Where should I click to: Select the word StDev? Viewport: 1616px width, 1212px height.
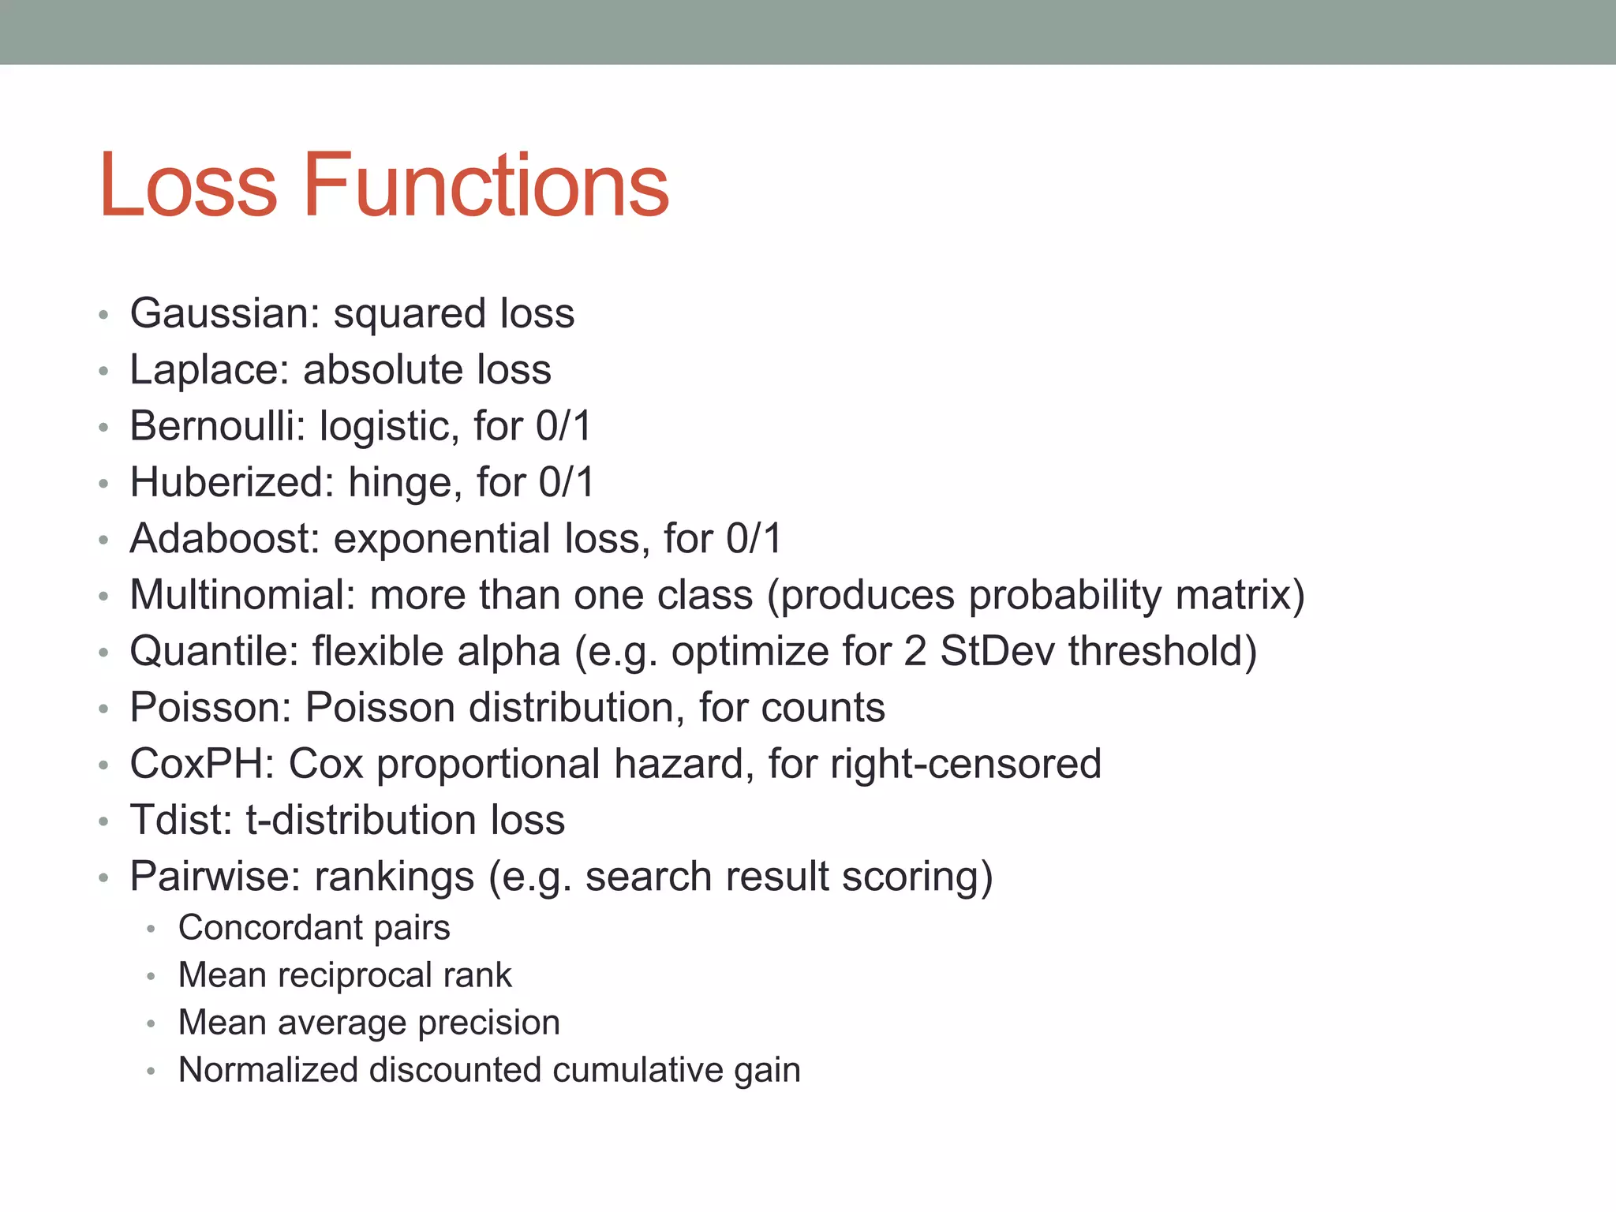(997, 652)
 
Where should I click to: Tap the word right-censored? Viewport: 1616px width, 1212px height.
(966, 764)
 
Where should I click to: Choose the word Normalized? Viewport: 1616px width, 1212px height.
(267, 1070)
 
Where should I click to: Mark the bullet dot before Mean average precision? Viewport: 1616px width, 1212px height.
(151, 1024)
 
